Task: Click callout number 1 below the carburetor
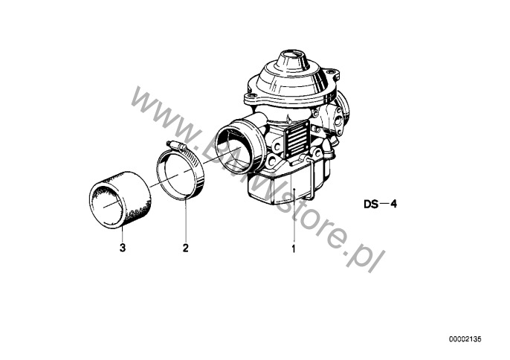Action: point(294,249)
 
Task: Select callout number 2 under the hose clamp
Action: point(185,248)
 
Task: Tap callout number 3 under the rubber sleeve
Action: point(122,248)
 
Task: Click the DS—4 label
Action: point(380,204)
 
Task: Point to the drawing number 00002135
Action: point(465,339)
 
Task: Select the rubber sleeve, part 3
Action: point(120,199)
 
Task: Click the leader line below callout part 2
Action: point(186,219)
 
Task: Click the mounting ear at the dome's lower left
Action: point(251,97)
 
